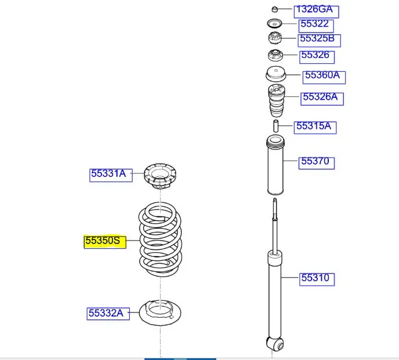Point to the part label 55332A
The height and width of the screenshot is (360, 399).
click(x=106, y=313)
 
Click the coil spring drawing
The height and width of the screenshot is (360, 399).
click(x=160, y=239)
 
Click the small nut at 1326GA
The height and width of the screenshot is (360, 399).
click(x=275, y=9)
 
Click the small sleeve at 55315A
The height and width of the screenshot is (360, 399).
click(x=276, y=125)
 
